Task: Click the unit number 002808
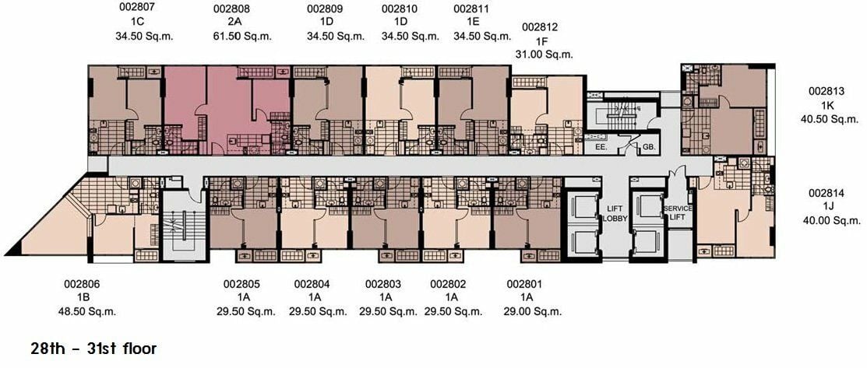coord(231,9)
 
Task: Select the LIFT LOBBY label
coord(614,212)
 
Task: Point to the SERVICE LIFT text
coord(678,212)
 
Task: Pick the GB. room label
coord(648,148)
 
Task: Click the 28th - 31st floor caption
coord(94,349)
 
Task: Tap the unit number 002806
coord(82,285)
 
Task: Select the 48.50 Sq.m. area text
coord(87,311)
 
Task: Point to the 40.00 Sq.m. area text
coord(832,220)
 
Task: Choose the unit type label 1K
coord(827,105)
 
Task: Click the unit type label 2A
coord(231,23)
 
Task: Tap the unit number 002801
coord(525,285)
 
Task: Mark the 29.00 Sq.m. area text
coord(533,311)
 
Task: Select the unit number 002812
coord(540,27)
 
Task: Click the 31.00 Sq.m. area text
coord(544,54)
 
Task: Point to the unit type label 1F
coord(540,41)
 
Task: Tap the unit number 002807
coord(137,9)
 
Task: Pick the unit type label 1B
coord(83,298)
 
